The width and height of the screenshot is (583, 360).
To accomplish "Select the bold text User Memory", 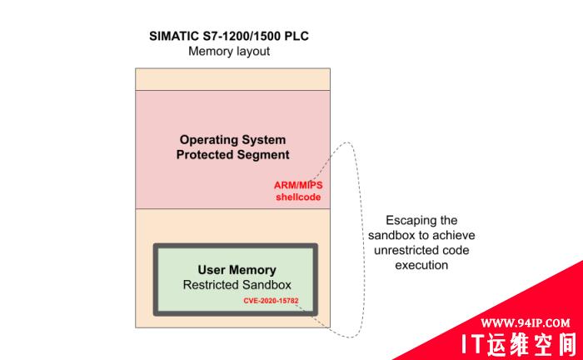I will click(x=237, y=270).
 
